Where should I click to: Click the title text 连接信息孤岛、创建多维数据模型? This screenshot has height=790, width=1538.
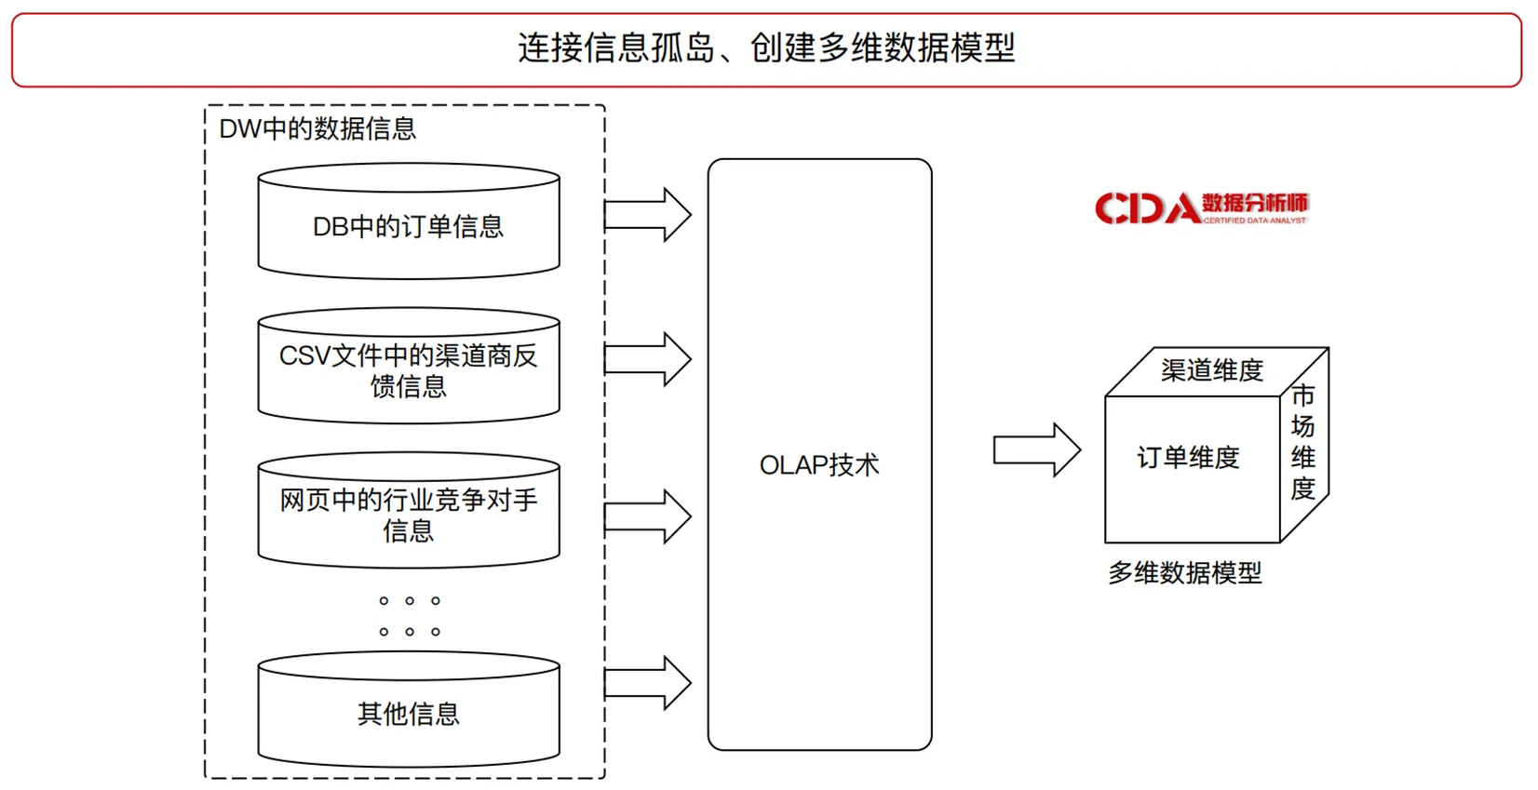coord(765,48)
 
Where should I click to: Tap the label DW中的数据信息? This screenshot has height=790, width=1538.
coord(317,128)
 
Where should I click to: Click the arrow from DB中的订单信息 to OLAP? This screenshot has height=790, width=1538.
coord(648,215)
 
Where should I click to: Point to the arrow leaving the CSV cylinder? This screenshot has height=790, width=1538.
coord(648,359)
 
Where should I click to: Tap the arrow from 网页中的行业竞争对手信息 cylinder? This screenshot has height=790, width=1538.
coord(648,516)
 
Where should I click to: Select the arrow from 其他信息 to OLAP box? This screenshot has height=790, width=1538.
coord(648,683)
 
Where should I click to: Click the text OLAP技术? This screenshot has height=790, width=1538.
coord(819,465)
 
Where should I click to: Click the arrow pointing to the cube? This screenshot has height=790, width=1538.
coord(1036,450)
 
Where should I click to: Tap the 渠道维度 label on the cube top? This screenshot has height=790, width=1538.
coord(1211,371)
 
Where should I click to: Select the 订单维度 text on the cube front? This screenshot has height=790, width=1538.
coord(1188,458)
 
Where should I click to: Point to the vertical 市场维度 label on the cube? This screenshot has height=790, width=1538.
coord(1302,442)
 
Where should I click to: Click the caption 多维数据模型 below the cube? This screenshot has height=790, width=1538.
coord(1184,573)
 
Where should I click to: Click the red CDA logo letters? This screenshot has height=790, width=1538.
coord(1146,208)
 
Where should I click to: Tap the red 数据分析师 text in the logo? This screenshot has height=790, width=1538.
coord(1254,202)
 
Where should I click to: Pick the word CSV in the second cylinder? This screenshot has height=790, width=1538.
coord(299,355)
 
